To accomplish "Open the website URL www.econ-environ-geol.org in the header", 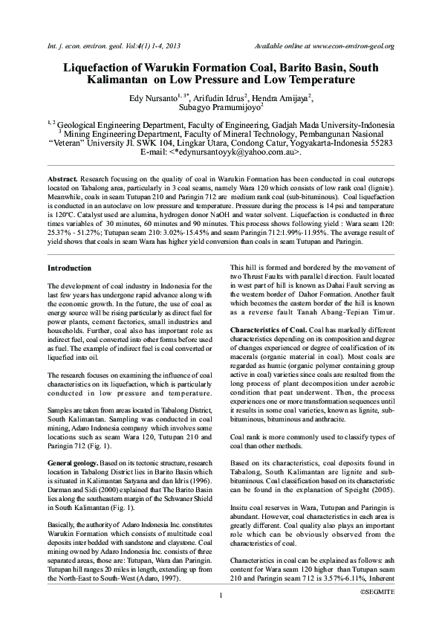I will [348, 46].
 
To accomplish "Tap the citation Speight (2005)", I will [347, 491].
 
